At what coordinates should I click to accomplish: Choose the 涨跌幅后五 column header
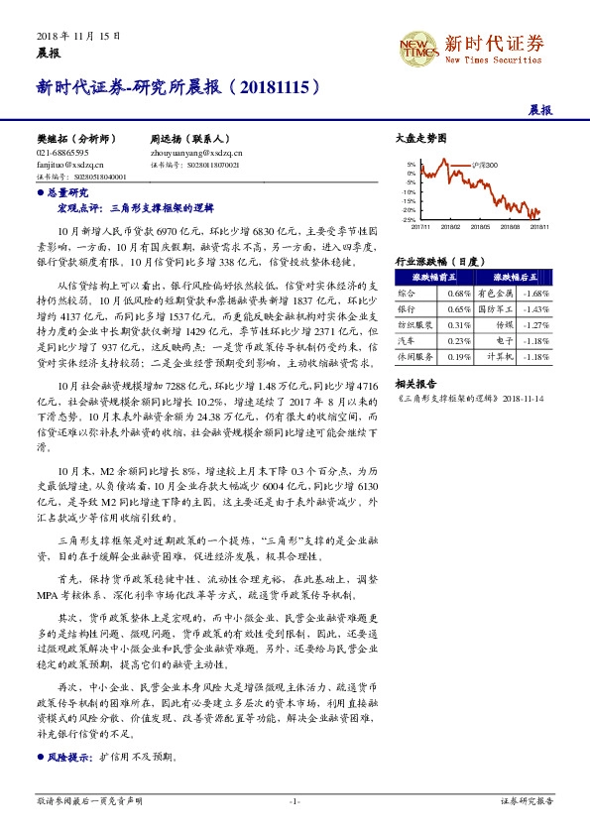[513, 278]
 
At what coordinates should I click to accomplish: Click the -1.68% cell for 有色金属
[535, 294]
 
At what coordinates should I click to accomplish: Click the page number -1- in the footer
[295, 801]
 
